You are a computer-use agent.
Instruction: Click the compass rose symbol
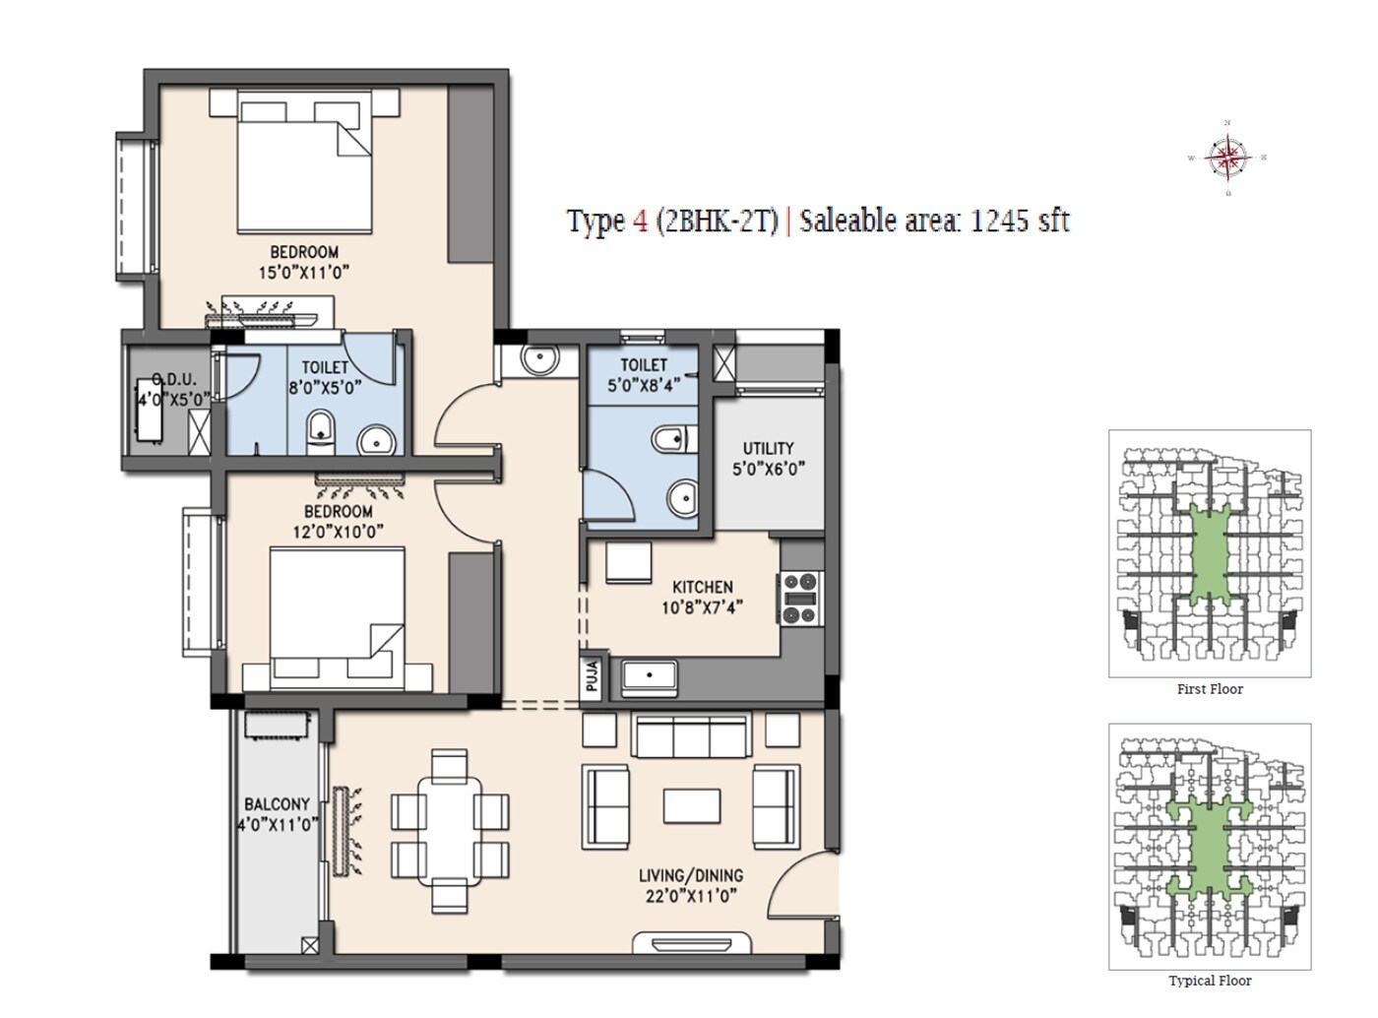1227,158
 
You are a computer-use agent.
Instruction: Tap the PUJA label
592,678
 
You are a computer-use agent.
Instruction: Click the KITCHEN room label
702,587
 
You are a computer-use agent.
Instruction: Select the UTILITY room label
768,448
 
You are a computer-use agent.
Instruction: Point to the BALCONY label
277,804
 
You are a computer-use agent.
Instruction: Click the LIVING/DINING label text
690,875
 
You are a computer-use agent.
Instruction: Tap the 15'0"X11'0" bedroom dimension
304,273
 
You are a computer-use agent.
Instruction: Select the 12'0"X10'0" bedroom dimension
338,532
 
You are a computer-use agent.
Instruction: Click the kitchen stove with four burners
799,599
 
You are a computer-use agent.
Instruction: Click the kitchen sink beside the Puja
650,678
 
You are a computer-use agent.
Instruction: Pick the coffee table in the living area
691,804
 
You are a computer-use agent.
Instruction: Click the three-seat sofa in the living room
689,735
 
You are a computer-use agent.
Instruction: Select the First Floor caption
1210,689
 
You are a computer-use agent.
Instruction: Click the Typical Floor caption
1210,981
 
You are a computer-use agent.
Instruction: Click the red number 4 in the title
640,222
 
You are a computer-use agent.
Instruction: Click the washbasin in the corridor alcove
539,360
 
